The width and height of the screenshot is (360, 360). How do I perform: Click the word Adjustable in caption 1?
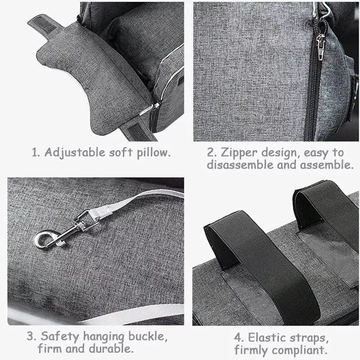(75, 153)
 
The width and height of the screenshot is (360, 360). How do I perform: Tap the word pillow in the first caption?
(153, 153)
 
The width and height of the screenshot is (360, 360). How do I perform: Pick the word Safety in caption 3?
(60, 337)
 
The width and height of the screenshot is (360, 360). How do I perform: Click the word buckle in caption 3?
(148, 337)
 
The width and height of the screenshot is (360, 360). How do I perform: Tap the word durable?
(111, 349)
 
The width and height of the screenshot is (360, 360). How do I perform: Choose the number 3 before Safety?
(31, 337)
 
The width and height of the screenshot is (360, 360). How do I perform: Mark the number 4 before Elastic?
(238, 338)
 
